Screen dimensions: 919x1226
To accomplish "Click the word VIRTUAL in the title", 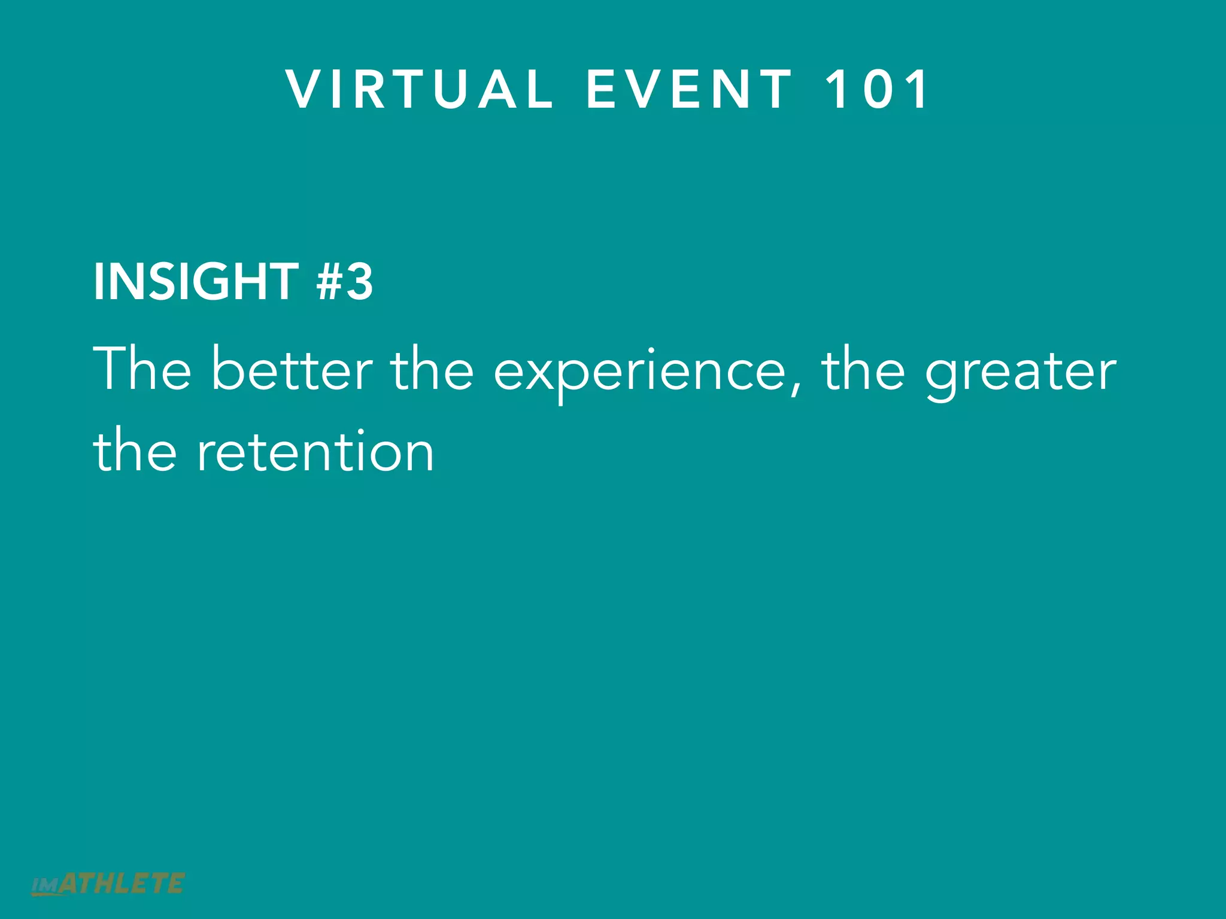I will pyautogui.click(x=419, y=89).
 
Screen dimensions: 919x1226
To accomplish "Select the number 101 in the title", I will pyautogui.click(x=876, y=89).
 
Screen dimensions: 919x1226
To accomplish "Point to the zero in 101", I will pyautogui.click(x=876, y=89).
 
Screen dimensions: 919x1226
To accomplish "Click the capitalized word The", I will pyautogui.click(x=142, y=370).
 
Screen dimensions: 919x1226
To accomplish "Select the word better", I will pyautogui.click(x=292, y=370).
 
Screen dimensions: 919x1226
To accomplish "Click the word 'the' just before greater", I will pyautogui.click(x=863, y=370).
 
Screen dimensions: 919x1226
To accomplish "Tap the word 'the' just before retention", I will pyautogui.click(x=135, y=451).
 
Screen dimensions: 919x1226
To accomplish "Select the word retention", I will pyautogui.click(x=315, y=452).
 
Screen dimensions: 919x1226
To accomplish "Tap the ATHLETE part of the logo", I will pyautogui.click(x=122, y=884).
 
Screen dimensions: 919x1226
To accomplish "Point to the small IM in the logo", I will pyautogui.click(x=44, y=886).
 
